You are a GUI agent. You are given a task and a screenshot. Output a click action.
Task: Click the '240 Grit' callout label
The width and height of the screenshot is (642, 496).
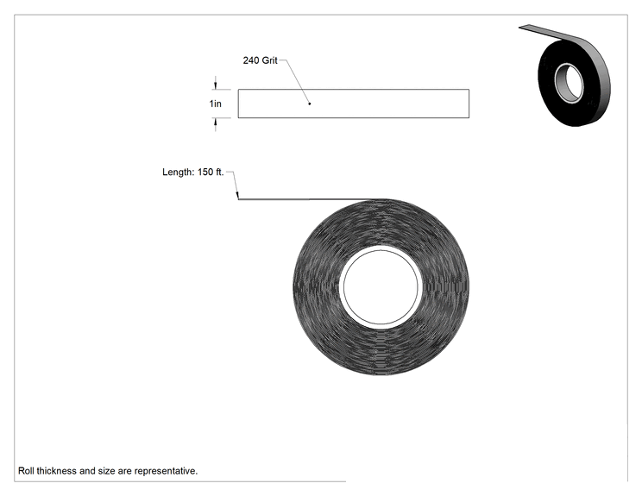point(260,60)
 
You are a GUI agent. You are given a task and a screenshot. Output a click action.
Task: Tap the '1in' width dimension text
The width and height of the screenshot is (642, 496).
point(216,104)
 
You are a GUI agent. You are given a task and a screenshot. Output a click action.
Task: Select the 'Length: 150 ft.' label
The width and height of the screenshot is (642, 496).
point(192,172)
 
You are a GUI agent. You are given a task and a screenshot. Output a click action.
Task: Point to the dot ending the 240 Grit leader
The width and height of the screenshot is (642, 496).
point(310,104)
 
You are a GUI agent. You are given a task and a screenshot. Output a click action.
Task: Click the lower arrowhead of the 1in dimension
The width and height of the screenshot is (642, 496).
point(216,122)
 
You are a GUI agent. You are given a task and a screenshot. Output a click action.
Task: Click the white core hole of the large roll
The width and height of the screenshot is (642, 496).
point(381,287)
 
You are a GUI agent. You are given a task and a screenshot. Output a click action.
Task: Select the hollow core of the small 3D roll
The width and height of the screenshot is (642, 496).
point(570,84)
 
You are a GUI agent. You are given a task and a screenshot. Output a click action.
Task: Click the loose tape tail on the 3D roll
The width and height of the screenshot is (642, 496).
point(549,32)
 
